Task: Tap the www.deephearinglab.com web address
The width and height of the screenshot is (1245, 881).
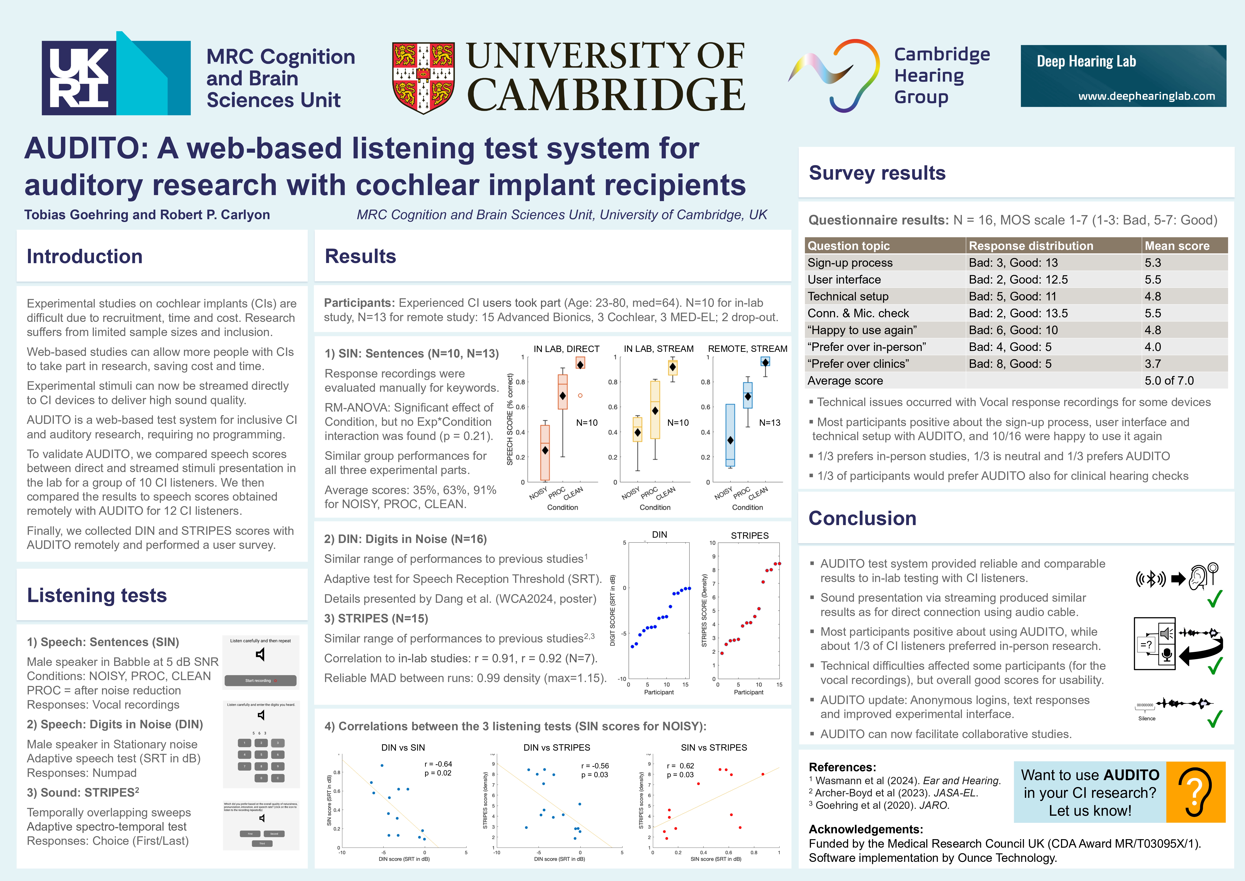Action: click(1146, 96)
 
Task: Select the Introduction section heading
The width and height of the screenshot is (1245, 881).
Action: click(85, 256)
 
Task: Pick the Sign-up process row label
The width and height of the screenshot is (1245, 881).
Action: click(850, 263)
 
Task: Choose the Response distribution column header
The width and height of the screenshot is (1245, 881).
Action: click(1031, 246)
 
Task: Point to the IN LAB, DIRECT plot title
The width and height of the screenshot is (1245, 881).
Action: click(566, 349)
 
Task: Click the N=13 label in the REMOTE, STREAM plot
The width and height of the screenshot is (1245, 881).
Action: click(769, 423)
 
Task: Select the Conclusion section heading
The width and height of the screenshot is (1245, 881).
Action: click(862, 518)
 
